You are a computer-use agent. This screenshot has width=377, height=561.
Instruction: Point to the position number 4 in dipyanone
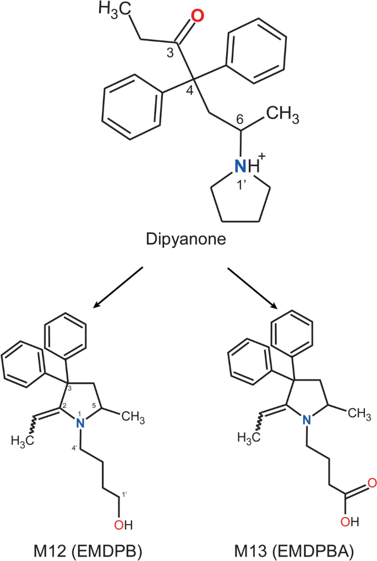point(190,90)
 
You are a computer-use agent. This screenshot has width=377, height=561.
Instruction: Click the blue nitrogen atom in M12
point(80,422)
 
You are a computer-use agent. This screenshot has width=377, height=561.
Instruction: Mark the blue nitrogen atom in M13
point(307,420)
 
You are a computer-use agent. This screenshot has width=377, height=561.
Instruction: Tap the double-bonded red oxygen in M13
point(371,484)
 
